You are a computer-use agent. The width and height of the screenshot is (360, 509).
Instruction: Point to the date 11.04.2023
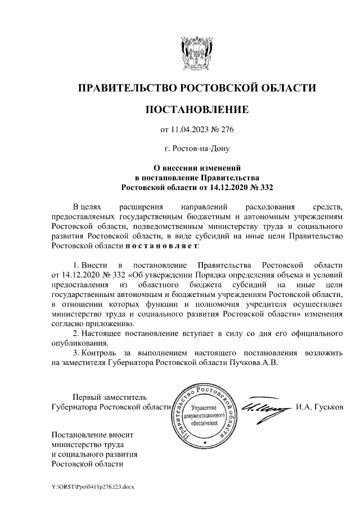191,130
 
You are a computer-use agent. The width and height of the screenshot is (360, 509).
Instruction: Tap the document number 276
226,130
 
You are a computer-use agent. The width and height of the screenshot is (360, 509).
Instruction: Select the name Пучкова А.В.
255,363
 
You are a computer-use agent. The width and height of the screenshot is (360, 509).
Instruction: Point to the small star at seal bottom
205,443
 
